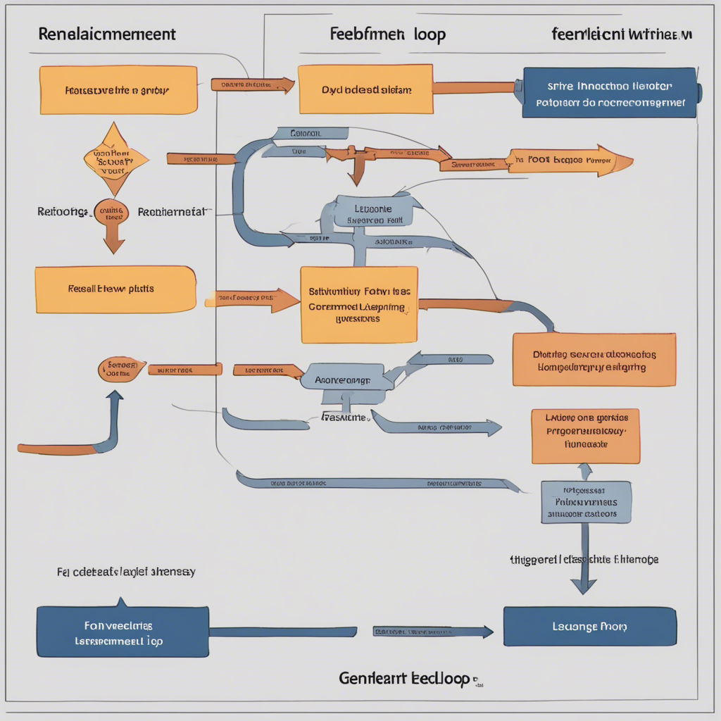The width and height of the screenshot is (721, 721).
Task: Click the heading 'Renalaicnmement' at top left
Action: click(107, 34)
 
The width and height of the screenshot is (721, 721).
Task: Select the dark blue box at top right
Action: click(608, 92)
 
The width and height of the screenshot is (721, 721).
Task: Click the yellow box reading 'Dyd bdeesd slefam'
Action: click(365, 89)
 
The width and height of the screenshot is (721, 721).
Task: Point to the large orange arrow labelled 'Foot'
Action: click(570, 160)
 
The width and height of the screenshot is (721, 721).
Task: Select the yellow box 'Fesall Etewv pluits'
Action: click(115, 289)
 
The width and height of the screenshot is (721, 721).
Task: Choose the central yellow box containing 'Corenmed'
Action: click(359, 304)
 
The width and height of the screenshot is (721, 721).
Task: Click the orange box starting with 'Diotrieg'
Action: click(594, 360)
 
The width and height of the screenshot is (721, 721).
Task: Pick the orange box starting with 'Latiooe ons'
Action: click(585, 435)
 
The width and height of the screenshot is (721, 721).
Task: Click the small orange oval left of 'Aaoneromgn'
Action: click(122, 368)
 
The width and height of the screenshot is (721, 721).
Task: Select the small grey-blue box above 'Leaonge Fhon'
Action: click(586, 502)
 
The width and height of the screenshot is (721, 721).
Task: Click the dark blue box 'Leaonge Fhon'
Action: click(589, 626)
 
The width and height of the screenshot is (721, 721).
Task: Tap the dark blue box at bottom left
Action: click(122, 631)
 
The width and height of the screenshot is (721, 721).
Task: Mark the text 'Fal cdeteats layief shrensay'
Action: click(125, 572)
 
